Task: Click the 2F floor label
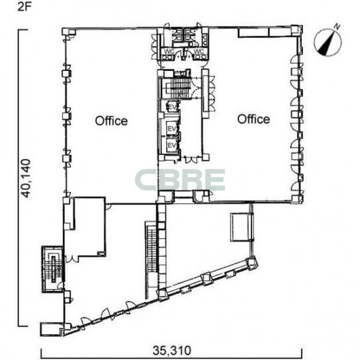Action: [24, 7]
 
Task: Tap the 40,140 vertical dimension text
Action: [26, 178]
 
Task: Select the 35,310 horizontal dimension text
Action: [172, 350]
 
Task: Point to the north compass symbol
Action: [328, 42]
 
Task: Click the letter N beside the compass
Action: [337, 26]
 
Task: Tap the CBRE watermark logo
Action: [180, 180]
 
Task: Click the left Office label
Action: [111, 120]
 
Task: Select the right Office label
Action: [253, 119]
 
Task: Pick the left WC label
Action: [169, 52]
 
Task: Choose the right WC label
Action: [199, 51]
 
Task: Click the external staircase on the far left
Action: [52, 269]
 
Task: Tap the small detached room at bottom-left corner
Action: [51, 330]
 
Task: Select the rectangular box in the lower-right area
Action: [240, 227]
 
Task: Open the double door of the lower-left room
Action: [71, 259]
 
